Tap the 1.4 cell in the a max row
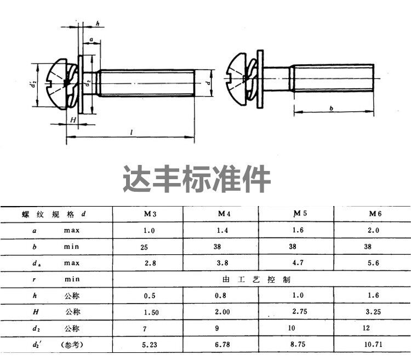point(221,231)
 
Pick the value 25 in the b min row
point(144,248)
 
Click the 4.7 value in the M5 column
point(296,264)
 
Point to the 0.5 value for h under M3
point(149,296)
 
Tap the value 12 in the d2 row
point(366,328)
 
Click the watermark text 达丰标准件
point(197,179)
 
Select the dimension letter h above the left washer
point(97,23)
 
